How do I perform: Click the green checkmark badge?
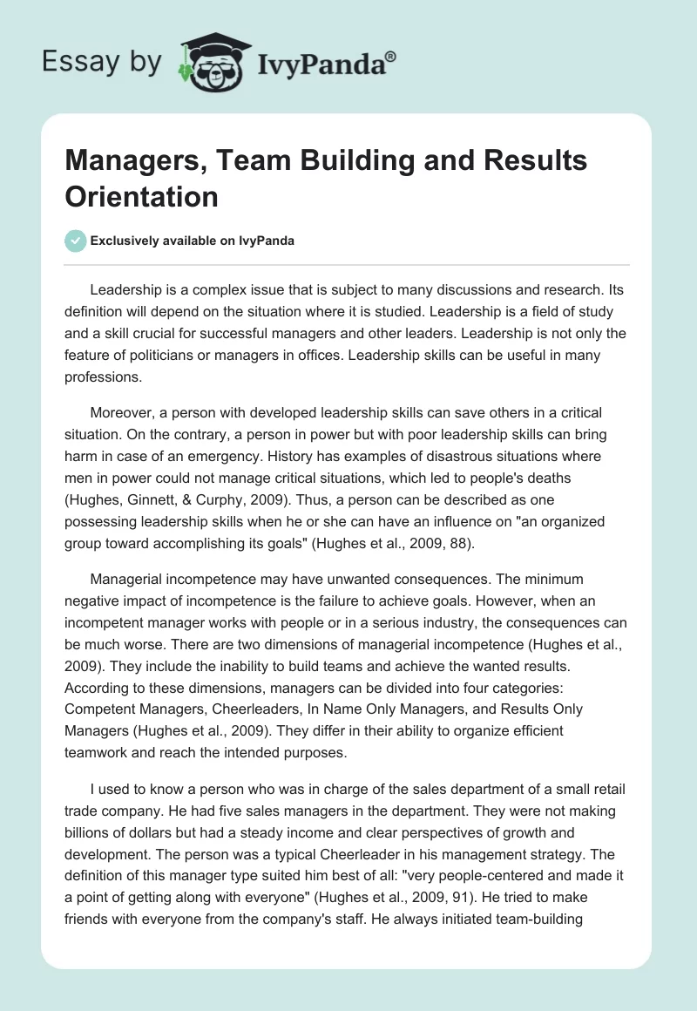click(x=77, y=241)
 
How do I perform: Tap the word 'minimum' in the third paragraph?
click(x=572, y=580)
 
